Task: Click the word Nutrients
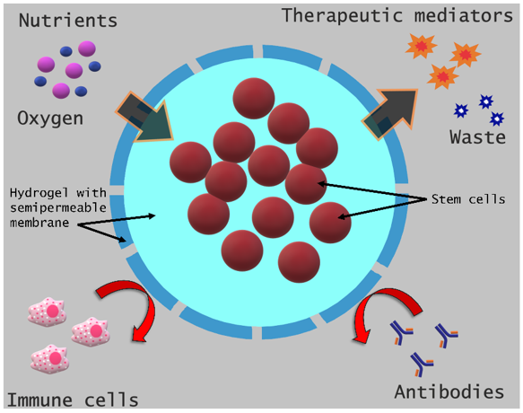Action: (68, 21)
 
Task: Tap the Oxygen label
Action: (50, 119)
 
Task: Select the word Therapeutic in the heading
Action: (343, 15)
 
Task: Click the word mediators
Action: (464, 15)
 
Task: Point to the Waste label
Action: (477, 137)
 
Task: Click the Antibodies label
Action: (449, 392)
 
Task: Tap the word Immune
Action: (39, 400)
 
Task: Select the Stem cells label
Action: (468, 199)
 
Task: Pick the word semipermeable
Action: (58, 207)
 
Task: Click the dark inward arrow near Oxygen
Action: (145, 119)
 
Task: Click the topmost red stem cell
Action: (254, 98)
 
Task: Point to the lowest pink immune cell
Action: (50, 359)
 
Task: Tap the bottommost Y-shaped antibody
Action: (422, 364)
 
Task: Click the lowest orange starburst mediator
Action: (442, 77)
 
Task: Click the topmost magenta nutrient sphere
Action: (87, 48)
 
